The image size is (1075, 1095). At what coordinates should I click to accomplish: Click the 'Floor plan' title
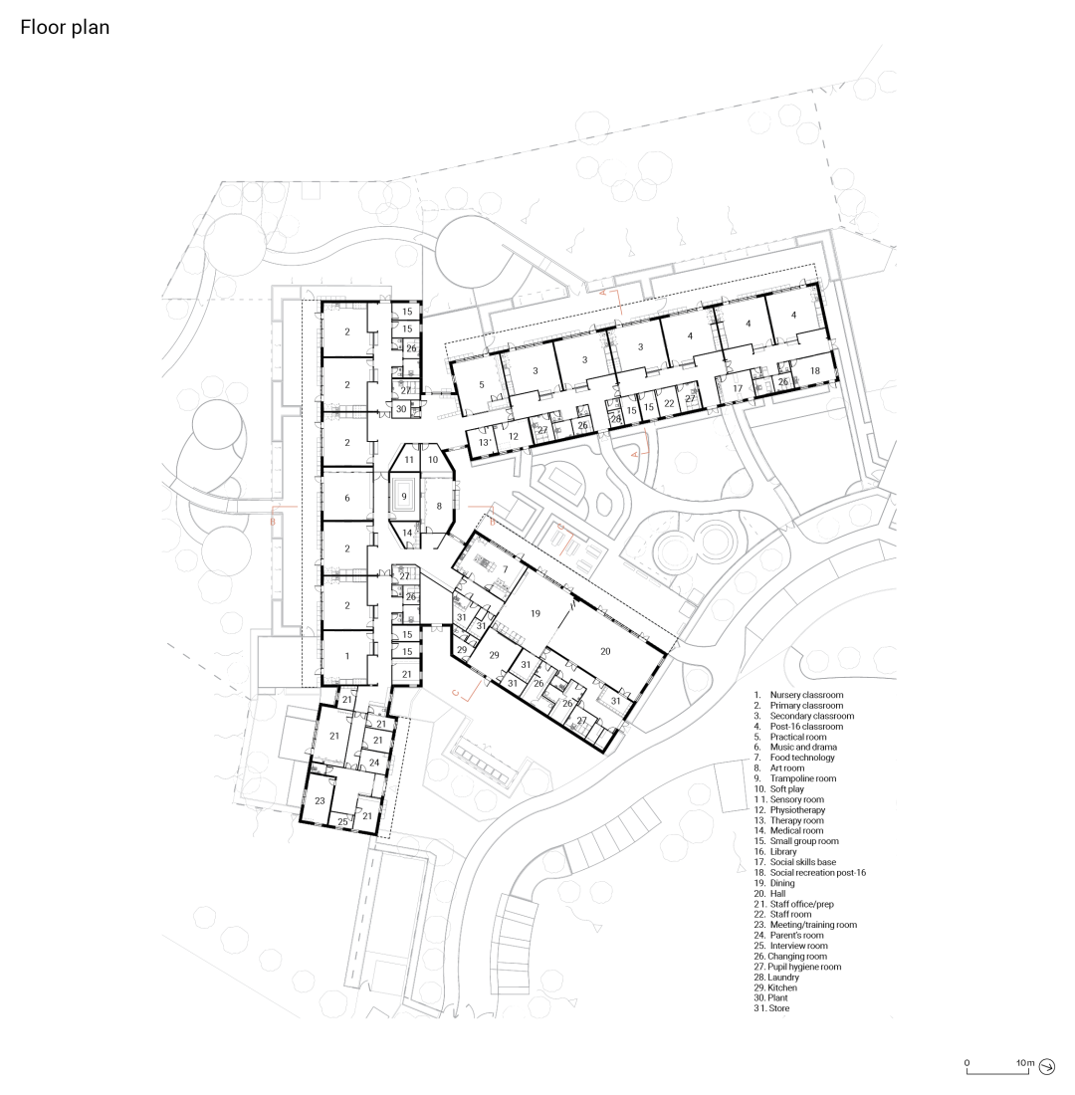tap(65, 28)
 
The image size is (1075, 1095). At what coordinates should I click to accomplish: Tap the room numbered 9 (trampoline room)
tap(404, 495)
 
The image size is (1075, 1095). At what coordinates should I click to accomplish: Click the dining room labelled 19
tap(535, 614)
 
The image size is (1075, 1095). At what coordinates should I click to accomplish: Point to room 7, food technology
tap(505, 568)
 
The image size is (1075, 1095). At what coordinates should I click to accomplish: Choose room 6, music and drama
tap(346, 498)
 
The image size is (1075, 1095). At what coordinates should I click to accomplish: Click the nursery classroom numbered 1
tap(346, 657)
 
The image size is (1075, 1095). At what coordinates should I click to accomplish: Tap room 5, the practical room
tap(481, 384)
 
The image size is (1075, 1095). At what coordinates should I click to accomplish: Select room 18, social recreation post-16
tap(815, 370)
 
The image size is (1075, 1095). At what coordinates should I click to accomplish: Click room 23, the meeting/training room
tap(320, 800)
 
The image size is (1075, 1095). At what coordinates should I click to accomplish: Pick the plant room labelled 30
tap(401, 409)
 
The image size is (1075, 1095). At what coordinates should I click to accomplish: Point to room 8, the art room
tap(438, 507)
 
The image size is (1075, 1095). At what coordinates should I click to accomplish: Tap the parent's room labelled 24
tap(373, 763)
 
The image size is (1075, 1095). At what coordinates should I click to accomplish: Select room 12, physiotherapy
tap(513, 436)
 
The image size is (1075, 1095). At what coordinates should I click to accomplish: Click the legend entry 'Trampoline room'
tap(802, 778)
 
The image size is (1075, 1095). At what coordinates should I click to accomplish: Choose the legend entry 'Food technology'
tap(802, 758)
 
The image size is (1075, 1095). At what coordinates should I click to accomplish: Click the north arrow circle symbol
tap(1047, 1066)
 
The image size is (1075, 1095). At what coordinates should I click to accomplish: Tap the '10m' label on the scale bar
tap(1024, 1063)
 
